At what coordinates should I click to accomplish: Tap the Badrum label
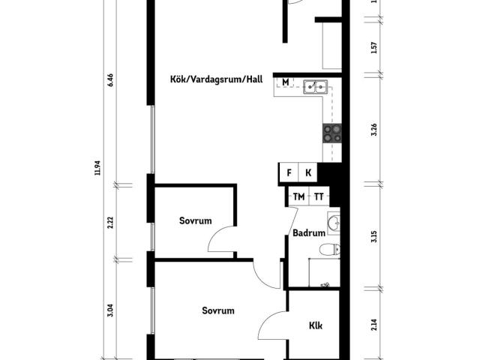pos(308,233)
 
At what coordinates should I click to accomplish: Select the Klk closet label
pos(316,326)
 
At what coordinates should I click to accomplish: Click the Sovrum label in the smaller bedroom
pos(195,220)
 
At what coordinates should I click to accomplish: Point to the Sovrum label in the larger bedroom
pos(218,310)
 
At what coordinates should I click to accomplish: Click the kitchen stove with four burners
pos(332,133)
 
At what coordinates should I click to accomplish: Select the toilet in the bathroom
pos(328,250)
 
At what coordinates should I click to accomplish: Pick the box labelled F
pos(289,172)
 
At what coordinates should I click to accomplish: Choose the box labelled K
pos(308,172)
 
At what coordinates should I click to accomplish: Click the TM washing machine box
pos(299,196)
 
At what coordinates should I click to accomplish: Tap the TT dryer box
pos(319,196)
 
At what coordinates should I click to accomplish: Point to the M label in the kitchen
pos(286,82)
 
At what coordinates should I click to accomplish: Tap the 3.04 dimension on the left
pos(110,310)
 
